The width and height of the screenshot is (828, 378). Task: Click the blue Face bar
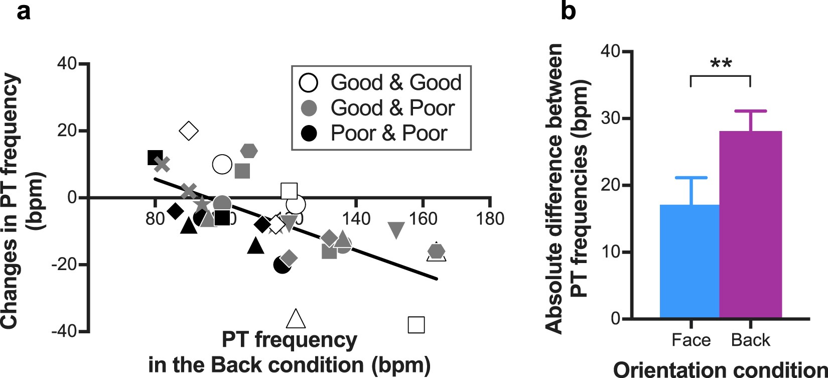pyautogui.click(x=690, y=261)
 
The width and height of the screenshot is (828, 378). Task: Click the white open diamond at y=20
pyautogui.click(x=189, y=131)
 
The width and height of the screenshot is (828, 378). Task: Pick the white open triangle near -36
pyautogui.click(x=296, y=319)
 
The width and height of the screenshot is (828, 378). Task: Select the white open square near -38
pyautogui.click(x=417, y=325)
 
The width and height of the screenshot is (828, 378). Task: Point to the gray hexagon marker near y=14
pyautogui.click(x=249, y=150)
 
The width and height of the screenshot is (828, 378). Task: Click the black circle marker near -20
pyautogui.click(x=282, y=266)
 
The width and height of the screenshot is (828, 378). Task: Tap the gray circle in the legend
pyautogui.click(x=310, y=108)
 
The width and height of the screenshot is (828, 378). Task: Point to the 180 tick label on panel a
pyautogui.click(x=490, y=219)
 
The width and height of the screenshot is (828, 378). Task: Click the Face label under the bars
pyautogui.click(x=691, y=340)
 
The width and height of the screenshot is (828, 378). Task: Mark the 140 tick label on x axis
pyautogui.click(x=356, y=219)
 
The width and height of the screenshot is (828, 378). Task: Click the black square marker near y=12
pyautogui.click(x=155, y=158)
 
